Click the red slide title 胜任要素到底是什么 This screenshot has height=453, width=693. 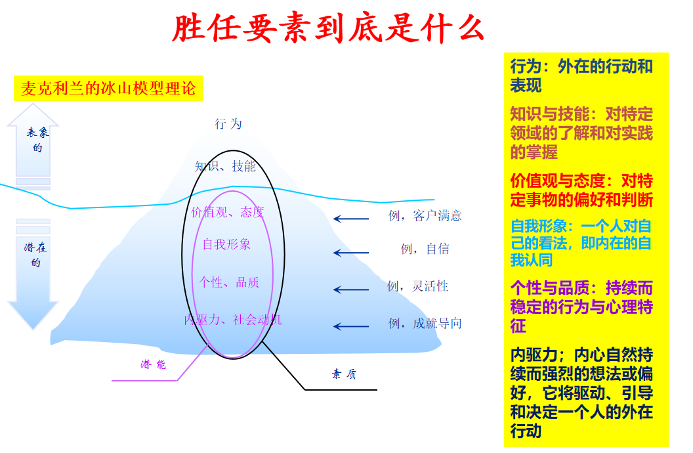pyautogui.click(x=328, y=29)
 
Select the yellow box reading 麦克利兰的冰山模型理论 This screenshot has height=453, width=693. pyautogui.click(x=108, y=89)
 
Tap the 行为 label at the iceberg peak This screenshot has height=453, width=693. pyautogui.click(x=228, y=123)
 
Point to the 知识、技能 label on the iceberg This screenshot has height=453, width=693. pyautogui.click(x=225, y=166)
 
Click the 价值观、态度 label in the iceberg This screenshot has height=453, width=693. pyautogui.click(x=228, y=213)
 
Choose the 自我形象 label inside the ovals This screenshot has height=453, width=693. pyautogui.click(x=226, y=244)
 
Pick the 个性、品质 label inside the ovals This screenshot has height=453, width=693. pyautogui.click(x=229, y=282)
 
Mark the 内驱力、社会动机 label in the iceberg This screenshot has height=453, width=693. pyautogui.click(x=233, y=320)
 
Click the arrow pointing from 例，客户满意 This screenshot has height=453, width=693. pyautogui.click(x=351, y=219)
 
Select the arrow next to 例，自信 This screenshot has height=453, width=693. pyautogui.click(x=351, y=253)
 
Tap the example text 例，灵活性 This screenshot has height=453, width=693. pyautogui.click(x=417, y=286)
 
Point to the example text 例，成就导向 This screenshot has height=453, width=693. pyautogui.click(x=425, y=324)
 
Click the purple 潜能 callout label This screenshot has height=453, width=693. pyautogui.click(x=154, y=364)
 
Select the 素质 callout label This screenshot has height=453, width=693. pyautogui.click(x=344, y=374)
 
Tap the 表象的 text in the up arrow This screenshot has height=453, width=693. pyautogui.click(x=37, y=139)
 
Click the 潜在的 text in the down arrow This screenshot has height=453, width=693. pyautogui.click(x=35, y=255)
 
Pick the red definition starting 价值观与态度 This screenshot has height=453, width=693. pyautogui.click(x=581, y=190)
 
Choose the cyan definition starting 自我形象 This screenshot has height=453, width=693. pyautogui.click(x=581, y=243)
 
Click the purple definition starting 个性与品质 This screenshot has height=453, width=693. pyautogui.click(x=581, y=307)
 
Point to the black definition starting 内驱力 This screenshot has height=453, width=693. pyautogui.click(x=581, y=393)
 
